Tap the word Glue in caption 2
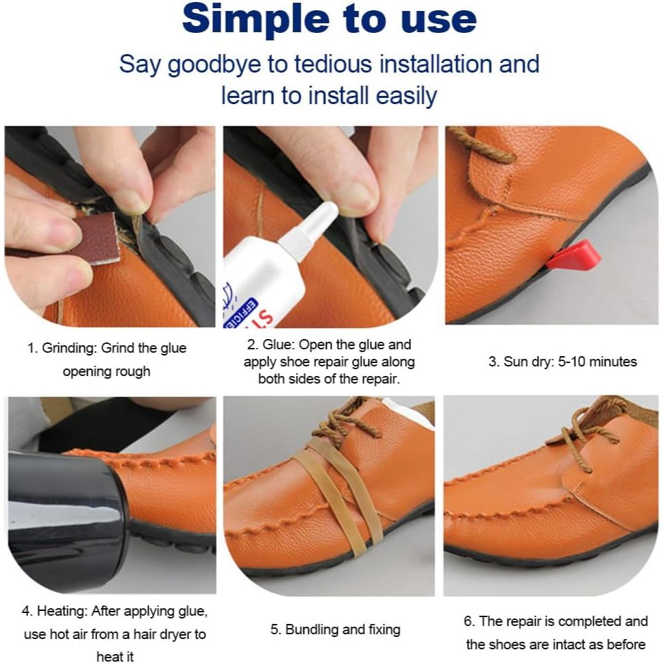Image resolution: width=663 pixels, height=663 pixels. pyautogui.click(x=277, y=344)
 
